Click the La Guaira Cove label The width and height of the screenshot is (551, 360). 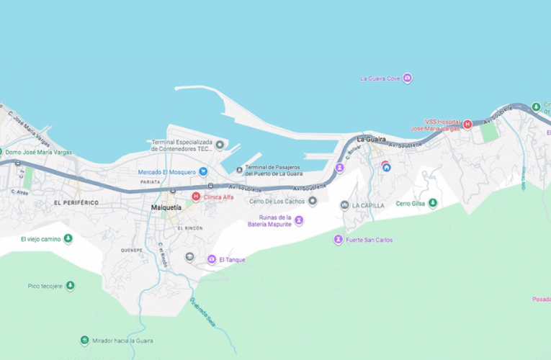[x=380, y=78]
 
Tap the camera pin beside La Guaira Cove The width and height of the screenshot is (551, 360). [x=408, y=78]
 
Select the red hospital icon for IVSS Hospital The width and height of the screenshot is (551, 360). [x=467, y=125]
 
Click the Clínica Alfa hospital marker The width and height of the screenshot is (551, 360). [x=195, y=197]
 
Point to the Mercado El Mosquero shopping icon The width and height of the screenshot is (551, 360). [x=203, y=171]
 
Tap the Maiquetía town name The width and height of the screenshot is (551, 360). [x=166, y=207]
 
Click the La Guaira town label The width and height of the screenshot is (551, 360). [x=372, y=139]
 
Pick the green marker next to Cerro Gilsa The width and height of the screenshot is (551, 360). [x=433, y=203]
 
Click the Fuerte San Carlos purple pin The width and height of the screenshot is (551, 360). [x=338, y=240]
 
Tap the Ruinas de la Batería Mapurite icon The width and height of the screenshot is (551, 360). [x=299, y=220]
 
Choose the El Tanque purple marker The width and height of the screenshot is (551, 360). [x=212, y=259]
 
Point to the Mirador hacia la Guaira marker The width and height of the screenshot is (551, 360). [x=85, y=341]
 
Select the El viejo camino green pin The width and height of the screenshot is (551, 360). [x=68, y=238]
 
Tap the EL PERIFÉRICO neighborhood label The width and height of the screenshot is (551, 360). [x=76, y=203]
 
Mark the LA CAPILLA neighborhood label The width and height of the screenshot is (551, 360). [x=368, y=205]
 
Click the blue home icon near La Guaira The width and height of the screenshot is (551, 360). [x=386, y=167]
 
